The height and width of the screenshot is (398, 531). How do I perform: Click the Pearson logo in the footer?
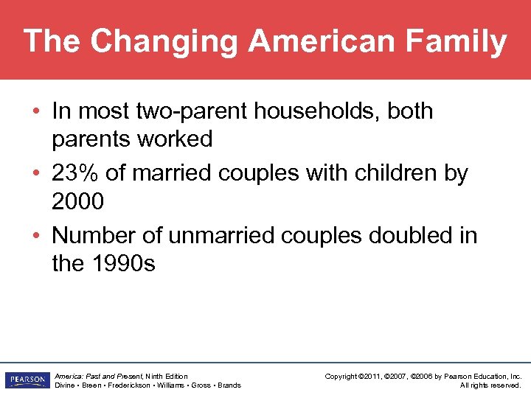[26, 380]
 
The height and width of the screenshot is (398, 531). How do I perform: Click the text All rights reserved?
[490, 385]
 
